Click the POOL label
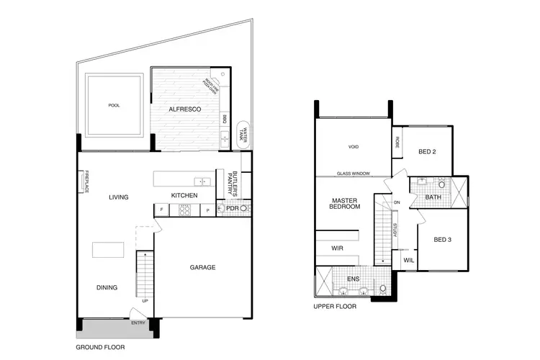(x=113, y=105)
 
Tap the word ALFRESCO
(x=184, y=109)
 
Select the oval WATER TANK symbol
(x=244, y=135)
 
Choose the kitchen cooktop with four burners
(x=184, y=210)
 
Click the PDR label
(x=231, y=209)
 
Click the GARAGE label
(x=203, y=266)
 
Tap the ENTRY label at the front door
(x=138, y=323)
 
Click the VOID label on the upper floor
(x=353, y=147)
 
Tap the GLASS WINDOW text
(x=353, y=174)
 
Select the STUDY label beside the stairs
(x=395, y=231)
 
